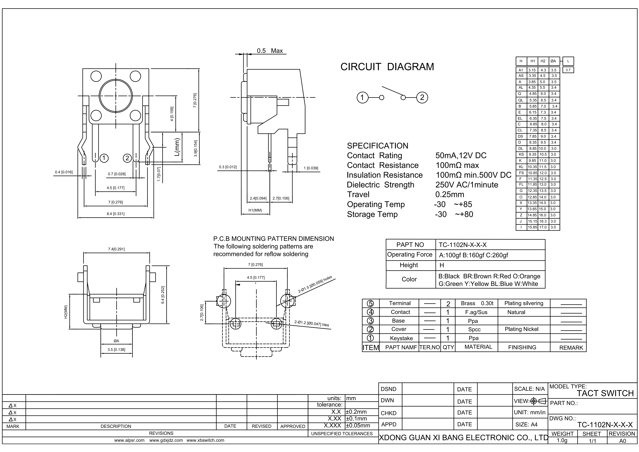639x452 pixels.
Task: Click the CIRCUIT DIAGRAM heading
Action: [x=387, y=67]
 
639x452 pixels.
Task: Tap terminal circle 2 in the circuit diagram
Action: [x=422, y=98]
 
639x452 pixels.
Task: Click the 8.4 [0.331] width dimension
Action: [x=115, y=214]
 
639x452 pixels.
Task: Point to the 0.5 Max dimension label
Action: [x=270, y=51]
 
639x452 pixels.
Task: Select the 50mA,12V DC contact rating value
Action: [x=461, y=155]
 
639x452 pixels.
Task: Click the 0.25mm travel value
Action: [x=450, y=195]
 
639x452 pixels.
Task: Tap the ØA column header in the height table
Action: [x=553, y=61]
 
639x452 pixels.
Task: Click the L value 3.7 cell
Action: [x=568, y=70]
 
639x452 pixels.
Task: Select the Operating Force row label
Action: [x=410, y=254]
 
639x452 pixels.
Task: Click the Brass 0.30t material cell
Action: [x=477, y=303]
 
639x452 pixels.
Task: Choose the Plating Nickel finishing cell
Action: [x=522, y=329]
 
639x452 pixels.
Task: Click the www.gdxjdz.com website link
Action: [x=166, y=440]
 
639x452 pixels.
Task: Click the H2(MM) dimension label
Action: [x=66, y=312]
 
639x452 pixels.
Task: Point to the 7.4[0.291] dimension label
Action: [x=116, y=249]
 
